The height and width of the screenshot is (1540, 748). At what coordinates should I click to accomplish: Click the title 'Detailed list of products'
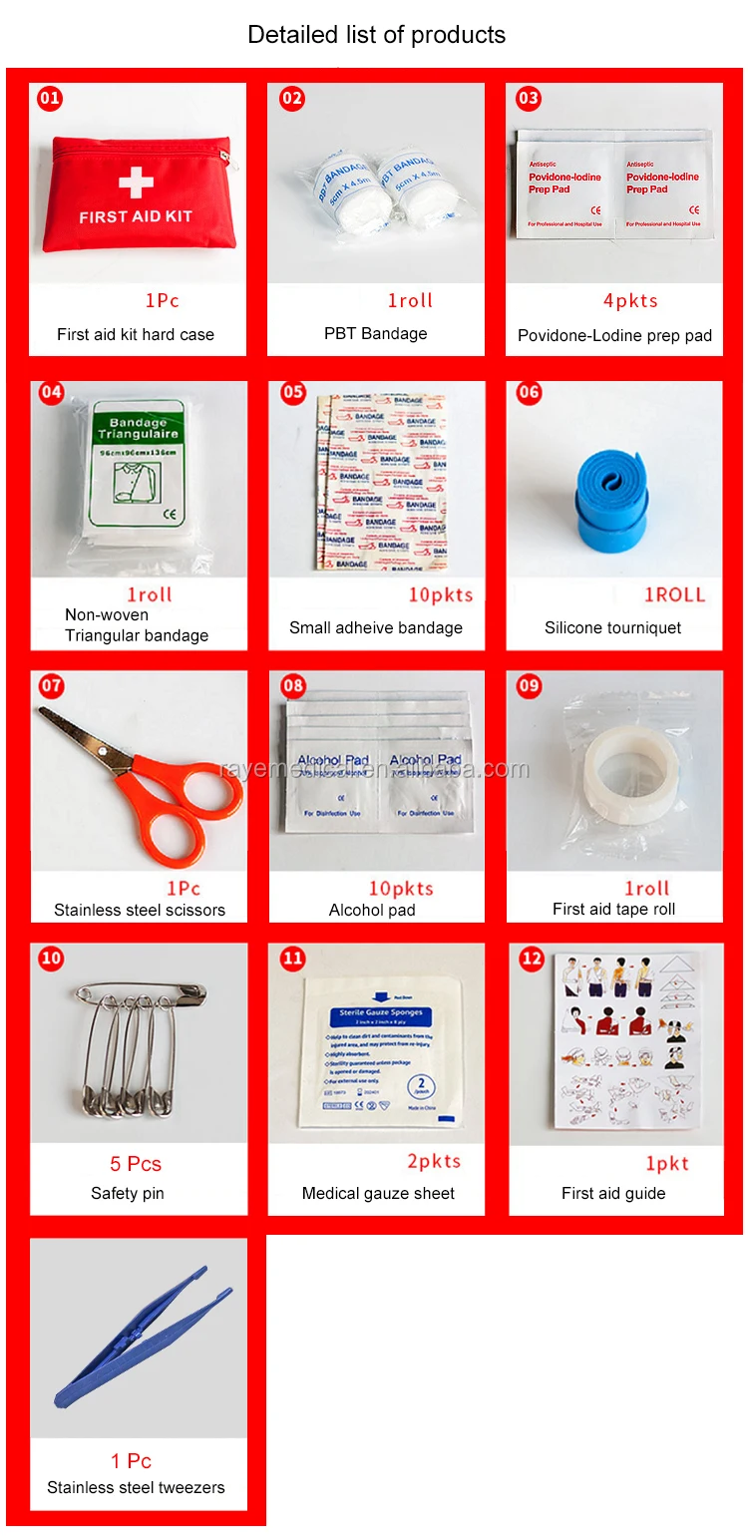point(376,35)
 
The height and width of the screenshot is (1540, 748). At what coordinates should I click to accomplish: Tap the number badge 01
point(50,99)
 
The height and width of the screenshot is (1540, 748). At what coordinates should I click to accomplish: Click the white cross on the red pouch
point(136,182)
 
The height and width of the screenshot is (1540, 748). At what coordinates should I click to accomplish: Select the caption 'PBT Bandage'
point(375,333)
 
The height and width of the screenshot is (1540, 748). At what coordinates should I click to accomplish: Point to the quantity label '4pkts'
point(630,300)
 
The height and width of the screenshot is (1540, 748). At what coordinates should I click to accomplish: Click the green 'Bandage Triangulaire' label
point(144,428)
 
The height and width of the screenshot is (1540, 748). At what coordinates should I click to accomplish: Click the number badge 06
point(529,392)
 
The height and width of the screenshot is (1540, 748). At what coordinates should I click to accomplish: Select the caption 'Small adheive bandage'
point(376,627)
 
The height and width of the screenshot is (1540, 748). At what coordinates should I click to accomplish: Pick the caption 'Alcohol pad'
point(372,910)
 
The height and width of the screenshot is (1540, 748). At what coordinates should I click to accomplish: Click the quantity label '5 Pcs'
point(136,1164)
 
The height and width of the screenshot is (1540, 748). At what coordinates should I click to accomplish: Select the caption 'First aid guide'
point(613,1193)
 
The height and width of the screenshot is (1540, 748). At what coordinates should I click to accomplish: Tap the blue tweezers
point(145,1337)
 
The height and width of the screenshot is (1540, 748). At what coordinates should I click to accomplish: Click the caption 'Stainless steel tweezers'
point(136,1487)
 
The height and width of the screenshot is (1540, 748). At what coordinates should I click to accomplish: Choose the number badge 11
point(292,959)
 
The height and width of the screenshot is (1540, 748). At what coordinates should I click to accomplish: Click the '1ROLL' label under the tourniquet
point(674,595)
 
